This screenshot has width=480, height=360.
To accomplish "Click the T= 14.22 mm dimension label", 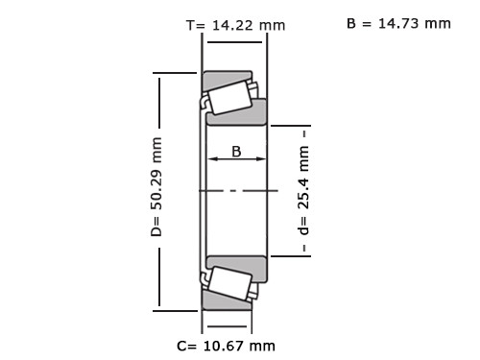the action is (x=235, y=25).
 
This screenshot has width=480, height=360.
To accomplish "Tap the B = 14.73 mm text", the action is (x=398, y=24).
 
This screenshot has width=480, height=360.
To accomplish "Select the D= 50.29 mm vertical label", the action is (x=156, y=187).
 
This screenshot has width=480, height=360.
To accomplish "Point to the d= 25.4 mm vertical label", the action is (x=304, y=190).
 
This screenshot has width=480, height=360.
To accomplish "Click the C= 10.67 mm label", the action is (x=226, y=346).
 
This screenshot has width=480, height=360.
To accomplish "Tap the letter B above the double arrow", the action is (x=236, y=152).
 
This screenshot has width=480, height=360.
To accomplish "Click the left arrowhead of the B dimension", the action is (x=213, y=158).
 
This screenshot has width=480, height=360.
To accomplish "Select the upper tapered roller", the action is (x=229, y=98).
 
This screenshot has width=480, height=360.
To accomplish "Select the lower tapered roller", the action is (x=229, y=283).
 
